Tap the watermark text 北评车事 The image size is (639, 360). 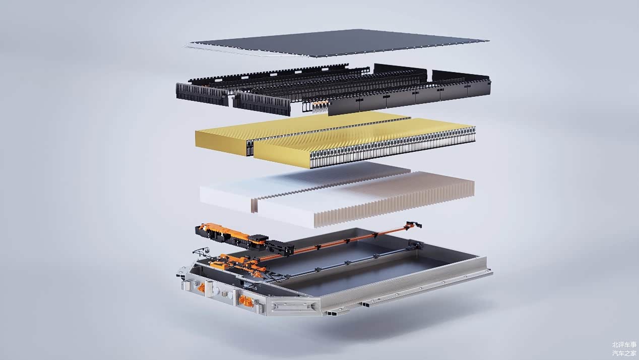coord(624,345)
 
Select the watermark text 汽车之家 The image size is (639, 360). coord(624,353)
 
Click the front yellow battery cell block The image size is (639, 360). coord(364,143)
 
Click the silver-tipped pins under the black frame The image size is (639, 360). coord(320,106)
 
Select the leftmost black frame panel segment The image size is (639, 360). coord(202,94)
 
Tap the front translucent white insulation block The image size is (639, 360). coord(365,200)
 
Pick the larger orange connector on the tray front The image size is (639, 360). coord(245,302)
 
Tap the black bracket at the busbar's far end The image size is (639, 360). coord(414,225)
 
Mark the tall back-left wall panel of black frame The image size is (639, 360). coord(400,70)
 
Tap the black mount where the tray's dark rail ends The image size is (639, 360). coord(416,245)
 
